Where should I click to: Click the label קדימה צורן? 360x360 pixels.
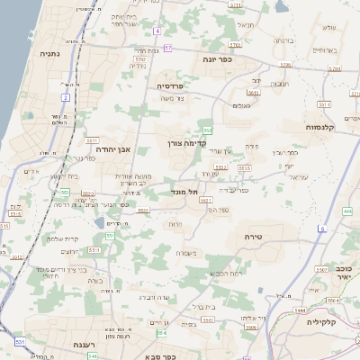[187, 142]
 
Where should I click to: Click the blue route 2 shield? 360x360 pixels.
[66, 96]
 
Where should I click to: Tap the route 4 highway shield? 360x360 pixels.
[156, 31]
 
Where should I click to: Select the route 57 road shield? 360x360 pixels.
[219, 45]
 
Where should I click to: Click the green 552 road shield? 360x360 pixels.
[207, 130]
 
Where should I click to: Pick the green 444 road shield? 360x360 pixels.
[347, 211]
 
